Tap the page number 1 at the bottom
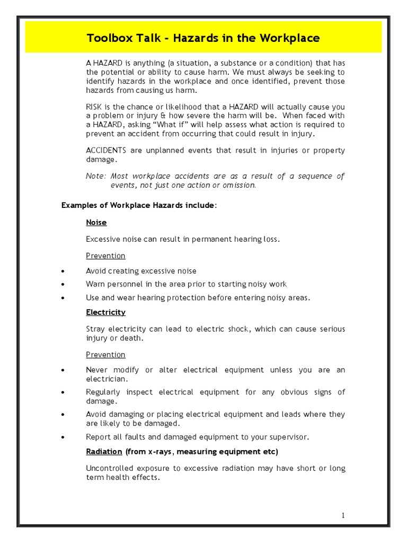(343, 515)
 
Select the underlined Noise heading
(96, 223)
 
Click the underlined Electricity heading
(105, 312)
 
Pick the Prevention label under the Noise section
(105, 256)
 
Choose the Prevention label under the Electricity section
(105, 354)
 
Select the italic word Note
(95, 176)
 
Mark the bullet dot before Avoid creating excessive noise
(64, 271)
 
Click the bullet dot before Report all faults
(64, 437)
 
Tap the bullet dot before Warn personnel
(64, 285)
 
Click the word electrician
(106, 379)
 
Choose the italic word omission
(239, 185)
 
